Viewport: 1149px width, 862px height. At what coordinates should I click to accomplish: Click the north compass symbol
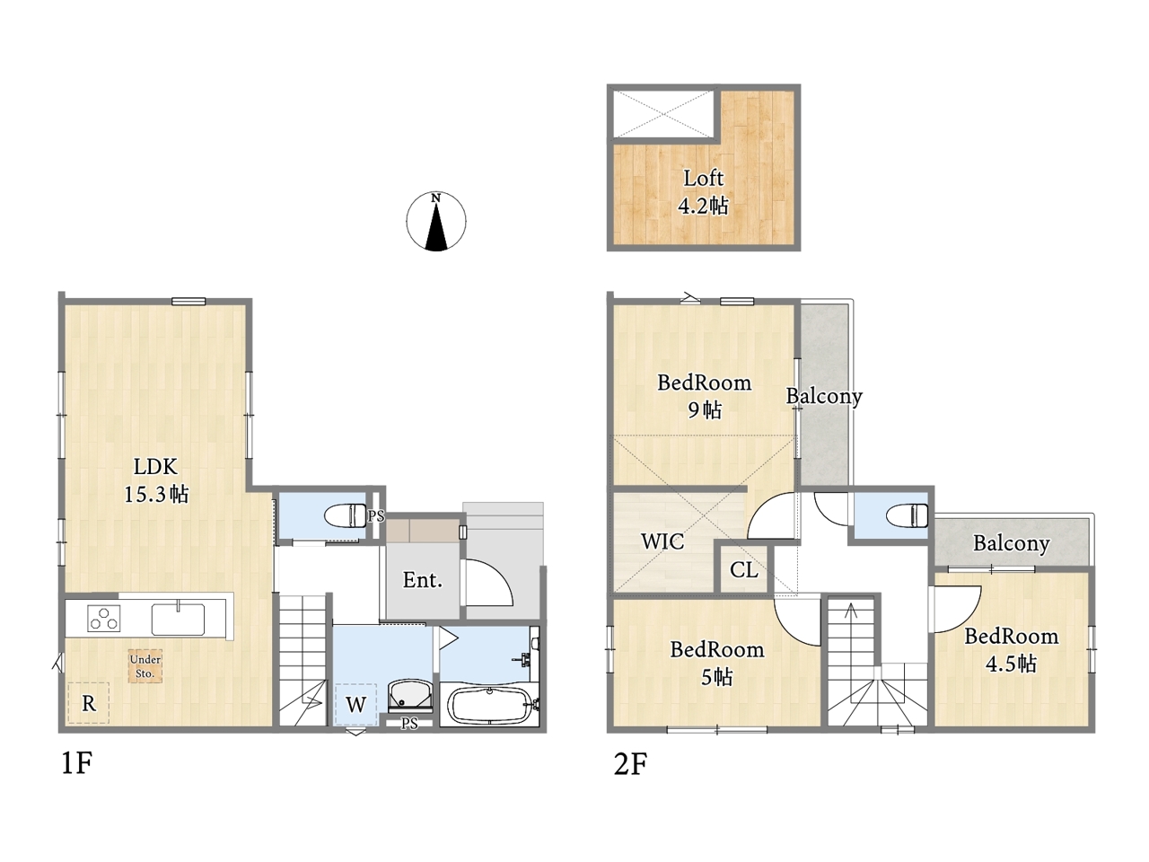point(435,221)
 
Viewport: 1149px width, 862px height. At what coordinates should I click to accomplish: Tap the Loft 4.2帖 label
point(703,192)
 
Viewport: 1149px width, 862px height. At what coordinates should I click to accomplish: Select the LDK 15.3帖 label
point(155,479)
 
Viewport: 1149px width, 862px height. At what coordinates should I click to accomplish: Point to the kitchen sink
point(178,619)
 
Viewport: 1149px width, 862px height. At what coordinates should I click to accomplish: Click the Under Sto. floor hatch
point(145,666)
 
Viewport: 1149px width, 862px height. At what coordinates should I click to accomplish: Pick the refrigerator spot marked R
point(89,703)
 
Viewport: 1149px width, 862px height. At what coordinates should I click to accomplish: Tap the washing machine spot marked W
point(355,705)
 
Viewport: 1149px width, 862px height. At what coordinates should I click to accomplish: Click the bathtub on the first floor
point(489,705)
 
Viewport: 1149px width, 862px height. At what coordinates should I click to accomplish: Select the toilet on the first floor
point(346,515)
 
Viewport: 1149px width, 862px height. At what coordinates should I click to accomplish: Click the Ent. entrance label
point(423,580)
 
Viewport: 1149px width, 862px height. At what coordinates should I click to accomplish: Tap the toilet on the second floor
point(908,515)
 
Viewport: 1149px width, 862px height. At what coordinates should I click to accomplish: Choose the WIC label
point(662,541)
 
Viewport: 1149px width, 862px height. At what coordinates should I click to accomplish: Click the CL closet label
point(744,570)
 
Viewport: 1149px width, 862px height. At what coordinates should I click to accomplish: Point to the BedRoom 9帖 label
point(704,396)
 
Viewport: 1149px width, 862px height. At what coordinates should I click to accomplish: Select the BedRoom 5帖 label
point(717,664)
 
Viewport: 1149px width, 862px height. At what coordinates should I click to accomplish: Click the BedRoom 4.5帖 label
point(1012,650)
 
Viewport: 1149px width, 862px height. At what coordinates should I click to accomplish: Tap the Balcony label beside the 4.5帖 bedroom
point(1012,543)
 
